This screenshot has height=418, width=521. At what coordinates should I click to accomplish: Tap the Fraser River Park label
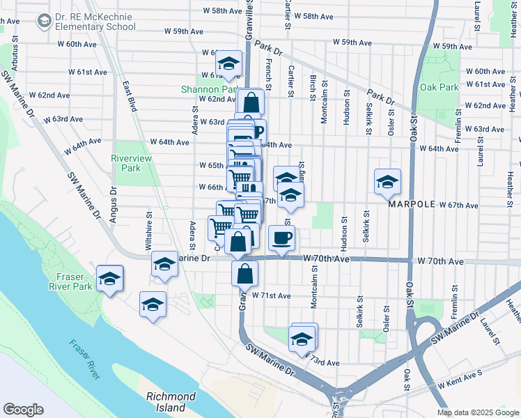tap(71, 281)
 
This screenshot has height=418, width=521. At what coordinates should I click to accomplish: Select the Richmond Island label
tap(171, 401)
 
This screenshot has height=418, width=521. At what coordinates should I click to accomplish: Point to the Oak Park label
tap(440, 88)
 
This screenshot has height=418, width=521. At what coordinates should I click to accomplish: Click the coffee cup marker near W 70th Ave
tap(281, 238)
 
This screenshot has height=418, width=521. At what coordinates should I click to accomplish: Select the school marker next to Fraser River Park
tap(110, 279)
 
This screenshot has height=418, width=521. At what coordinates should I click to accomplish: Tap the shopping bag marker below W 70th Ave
tap(244, 274)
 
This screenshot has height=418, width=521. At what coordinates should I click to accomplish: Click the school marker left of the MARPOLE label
tap(388, 183)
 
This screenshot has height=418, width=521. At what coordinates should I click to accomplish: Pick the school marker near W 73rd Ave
tap(302, 340)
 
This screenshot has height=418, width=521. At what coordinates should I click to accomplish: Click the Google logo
tap(24, 410)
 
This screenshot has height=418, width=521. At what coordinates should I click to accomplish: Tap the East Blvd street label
tap(130, 97)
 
